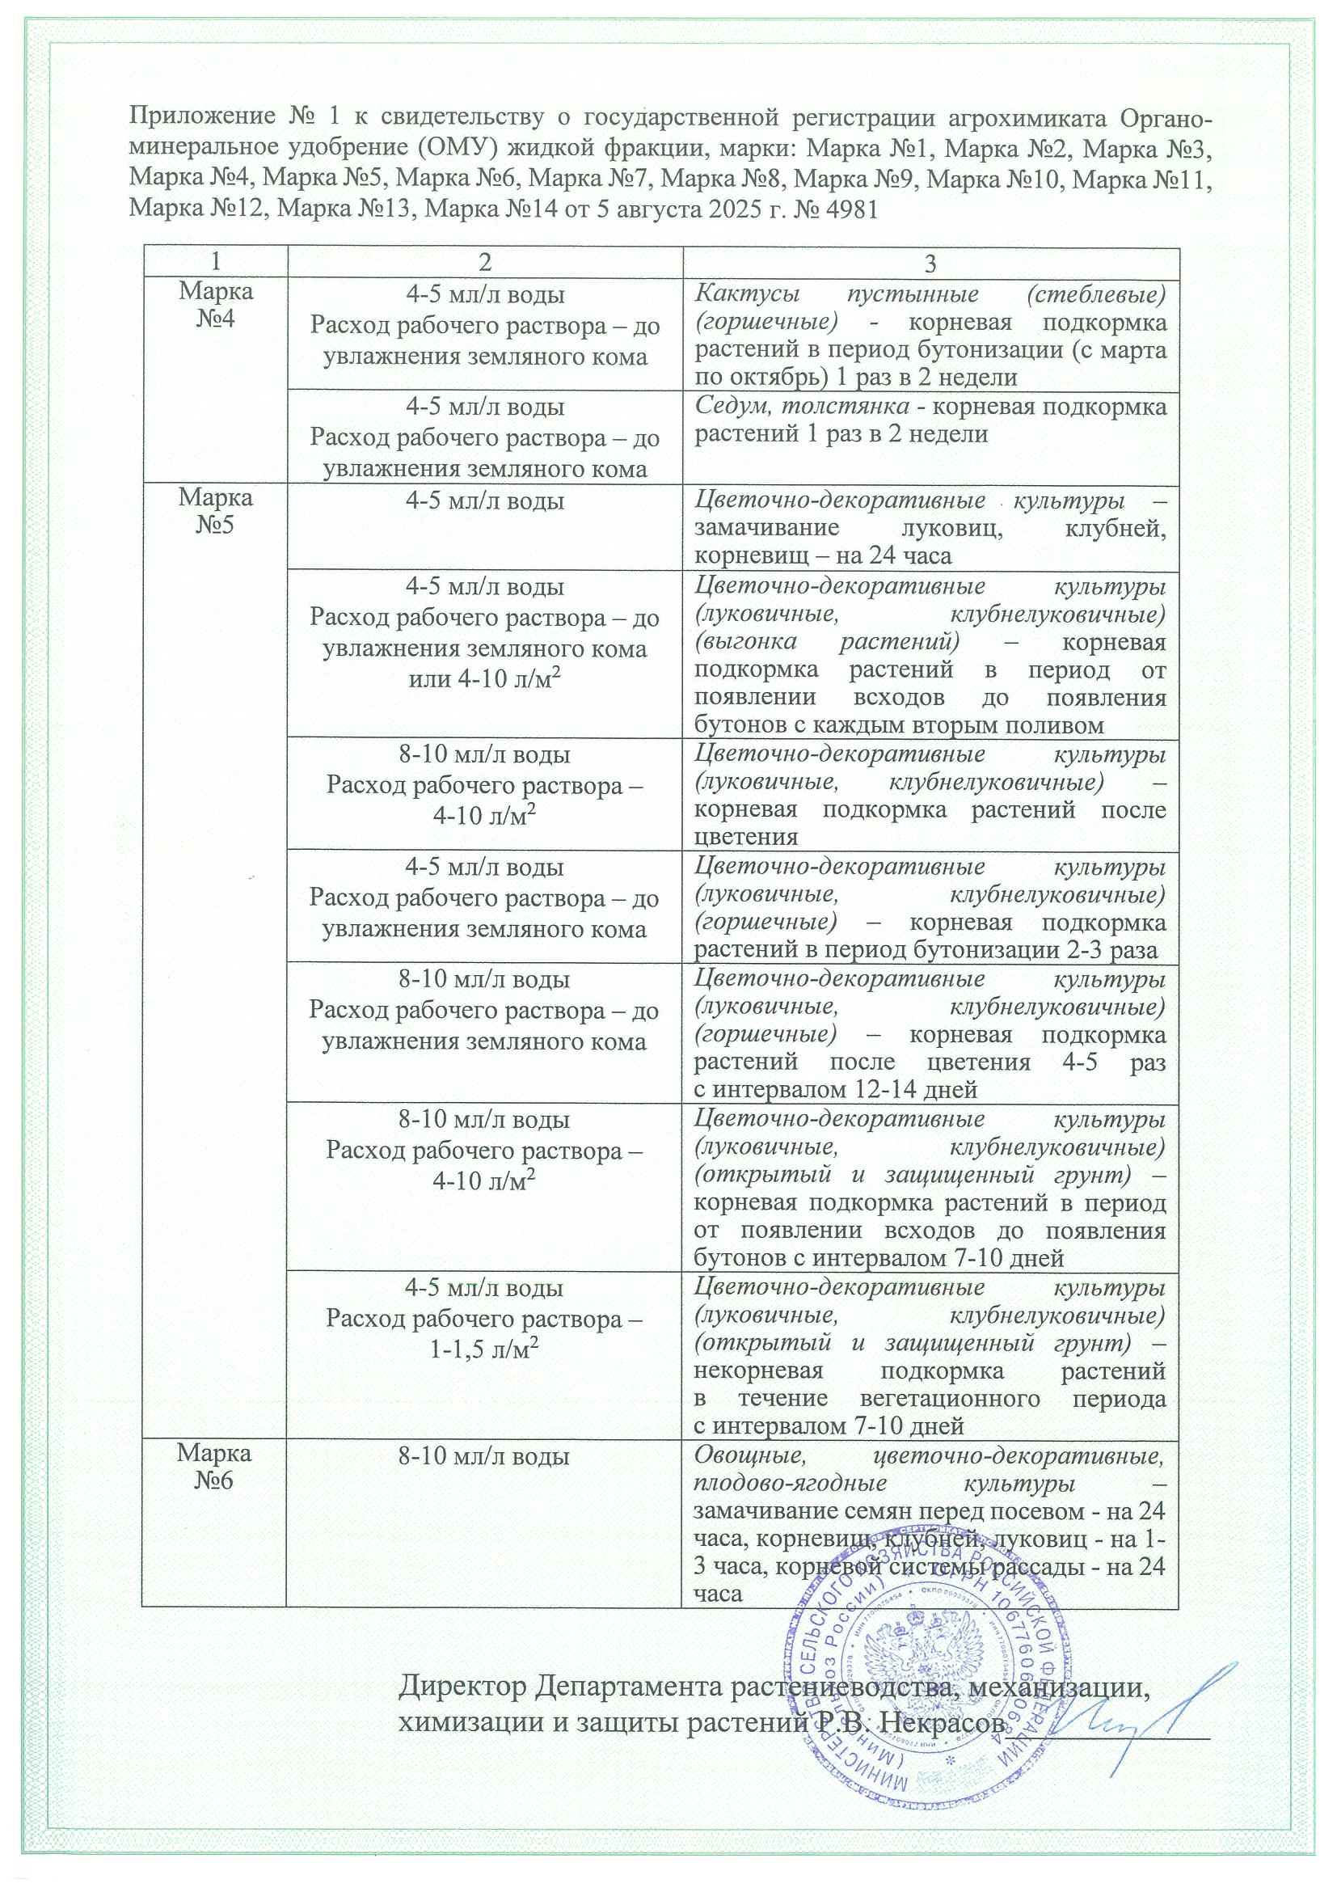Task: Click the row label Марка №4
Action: pyautogui.click(x=216, y=305)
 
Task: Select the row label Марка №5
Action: pyautogui.click(x=216, y=511)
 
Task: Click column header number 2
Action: pyautogui.click(x=484, y=262)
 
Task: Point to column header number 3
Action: pyautogui.click(x=931, y=263)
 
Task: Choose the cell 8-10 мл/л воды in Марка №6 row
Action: pyautogui.click(x=484, y=1456)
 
